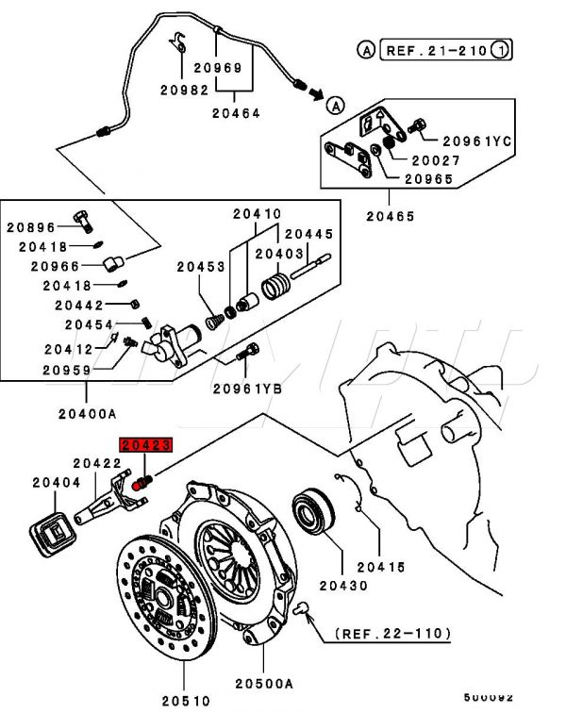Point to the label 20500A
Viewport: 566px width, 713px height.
point(265,683)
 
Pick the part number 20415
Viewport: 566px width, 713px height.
point(380,566)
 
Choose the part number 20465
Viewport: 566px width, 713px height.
point(391,216)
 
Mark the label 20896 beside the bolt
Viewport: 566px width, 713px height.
point(31,226)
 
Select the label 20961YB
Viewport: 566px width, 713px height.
point(247,388)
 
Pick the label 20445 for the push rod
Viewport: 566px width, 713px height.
point(309,234)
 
